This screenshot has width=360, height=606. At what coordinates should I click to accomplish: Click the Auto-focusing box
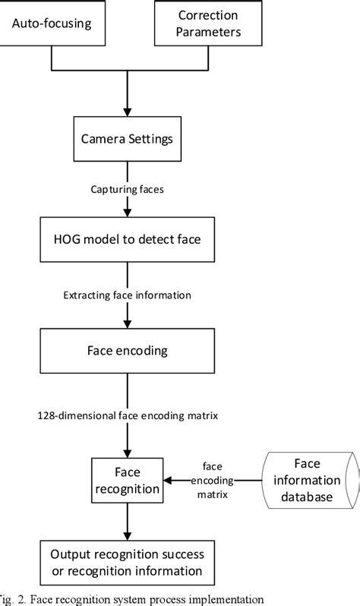click(51, 24)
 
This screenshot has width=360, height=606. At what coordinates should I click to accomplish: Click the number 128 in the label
click(47, 415)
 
